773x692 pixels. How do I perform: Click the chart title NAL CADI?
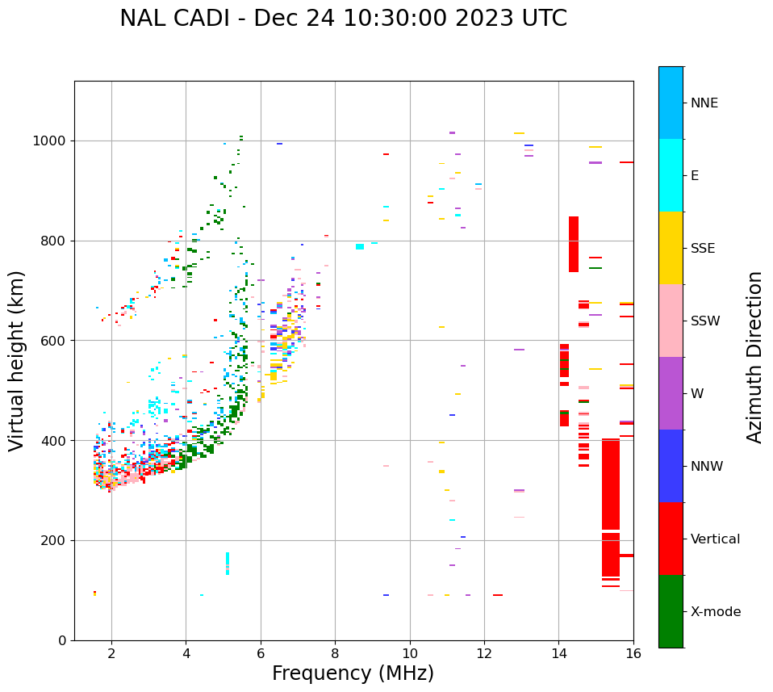343,19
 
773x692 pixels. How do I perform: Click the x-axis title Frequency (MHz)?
353,673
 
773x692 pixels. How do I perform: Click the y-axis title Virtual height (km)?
17,361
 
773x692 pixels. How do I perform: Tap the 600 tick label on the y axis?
56,341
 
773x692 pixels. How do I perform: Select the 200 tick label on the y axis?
56,540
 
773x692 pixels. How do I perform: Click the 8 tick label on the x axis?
335,653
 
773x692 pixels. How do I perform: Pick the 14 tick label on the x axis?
558,653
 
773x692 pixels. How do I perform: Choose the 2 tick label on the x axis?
111,653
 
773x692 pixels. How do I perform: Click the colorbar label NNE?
704,103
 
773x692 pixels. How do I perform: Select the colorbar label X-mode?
716,612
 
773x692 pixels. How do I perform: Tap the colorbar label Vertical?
715,539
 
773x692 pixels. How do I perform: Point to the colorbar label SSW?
705,321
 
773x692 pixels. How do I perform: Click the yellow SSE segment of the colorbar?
671,248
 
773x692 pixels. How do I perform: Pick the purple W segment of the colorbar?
671,393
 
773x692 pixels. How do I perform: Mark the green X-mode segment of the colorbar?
671,611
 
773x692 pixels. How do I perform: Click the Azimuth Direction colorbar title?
755,357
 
